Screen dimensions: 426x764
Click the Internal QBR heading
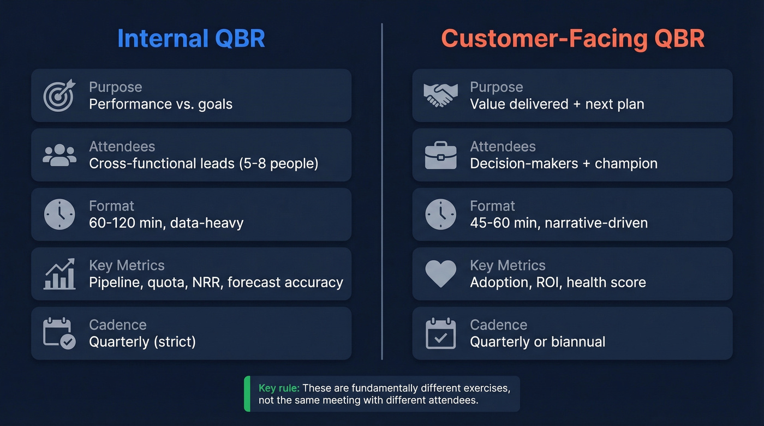click(x=191, y=39)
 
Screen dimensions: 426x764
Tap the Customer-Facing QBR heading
click(x=572, y=39)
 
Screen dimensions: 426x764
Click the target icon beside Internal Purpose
click(x=59, y=95)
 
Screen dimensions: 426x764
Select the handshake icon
click(x=440, y=95)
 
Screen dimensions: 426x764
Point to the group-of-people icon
click(x=59, y=155)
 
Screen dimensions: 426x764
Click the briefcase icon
click(x=440, y=155)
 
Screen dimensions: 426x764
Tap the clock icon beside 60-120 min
click(x=59, y=214)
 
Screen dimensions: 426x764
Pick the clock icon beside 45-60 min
click(x=440, y=214)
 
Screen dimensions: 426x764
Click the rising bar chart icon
click(x=59, y=274)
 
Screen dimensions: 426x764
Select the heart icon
click(x=440, y=274)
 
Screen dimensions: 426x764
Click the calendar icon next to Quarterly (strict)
click(x=59, y=333)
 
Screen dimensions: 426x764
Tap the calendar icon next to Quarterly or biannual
click(x=440, y=333)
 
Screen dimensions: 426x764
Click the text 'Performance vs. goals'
click(x=160, y=104)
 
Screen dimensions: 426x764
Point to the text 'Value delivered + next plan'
click(x=557, y=104)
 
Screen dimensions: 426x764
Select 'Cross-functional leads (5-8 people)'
click(x=203, y=163)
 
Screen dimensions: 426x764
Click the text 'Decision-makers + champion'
click(x=563, y=163)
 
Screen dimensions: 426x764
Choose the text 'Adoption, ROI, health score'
click(x=558, y=282)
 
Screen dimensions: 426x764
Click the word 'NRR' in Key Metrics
click(x=206, y=282)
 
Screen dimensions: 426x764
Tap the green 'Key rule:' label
click(x=279, y=388)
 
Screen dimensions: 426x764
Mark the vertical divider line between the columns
click(x=382, y=191)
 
